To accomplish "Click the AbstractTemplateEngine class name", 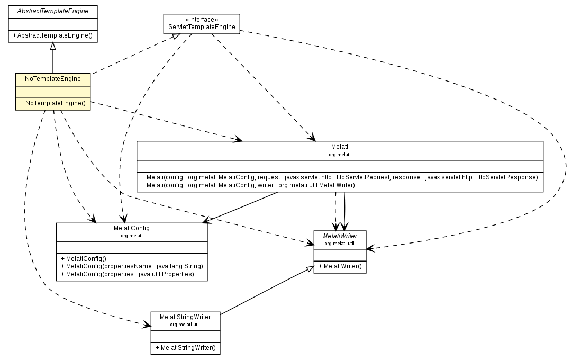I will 52,11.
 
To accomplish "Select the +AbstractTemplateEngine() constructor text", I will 52,35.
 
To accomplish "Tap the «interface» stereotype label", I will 201,19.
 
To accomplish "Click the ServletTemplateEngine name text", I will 201,27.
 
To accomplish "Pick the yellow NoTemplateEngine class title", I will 52,79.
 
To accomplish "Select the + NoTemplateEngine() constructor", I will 52,103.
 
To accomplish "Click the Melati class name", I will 340,146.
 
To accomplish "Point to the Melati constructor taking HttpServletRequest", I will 340,176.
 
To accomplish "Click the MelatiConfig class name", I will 132,228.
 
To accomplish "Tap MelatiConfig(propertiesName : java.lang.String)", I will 132,266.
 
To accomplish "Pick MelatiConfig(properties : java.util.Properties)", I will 128,274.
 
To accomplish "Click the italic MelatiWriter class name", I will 340,236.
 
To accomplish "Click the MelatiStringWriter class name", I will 185,317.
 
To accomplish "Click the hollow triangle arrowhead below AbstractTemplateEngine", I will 52,47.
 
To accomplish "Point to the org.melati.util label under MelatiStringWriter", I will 185,324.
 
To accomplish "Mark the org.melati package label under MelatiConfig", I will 132,235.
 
